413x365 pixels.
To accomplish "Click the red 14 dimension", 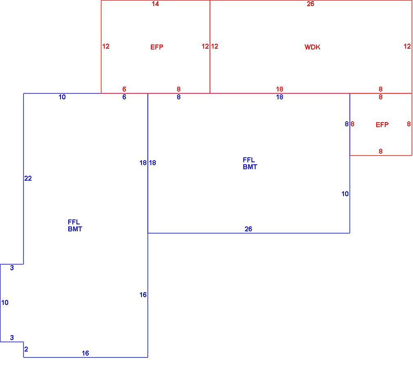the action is point(155,4).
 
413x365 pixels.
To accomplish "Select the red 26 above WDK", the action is point(310,4).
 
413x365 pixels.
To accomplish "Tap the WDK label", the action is point(312,47).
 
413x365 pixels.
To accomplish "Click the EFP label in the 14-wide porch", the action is point(157,47).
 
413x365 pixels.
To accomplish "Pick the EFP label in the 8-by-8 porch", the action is point(382,125).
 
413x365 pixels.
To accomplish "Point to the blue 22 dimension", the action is point(28,178).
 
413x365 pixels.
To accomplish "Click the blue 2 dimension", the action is point(26,349).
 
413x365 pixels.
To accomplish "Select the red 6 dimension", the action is point(124,89).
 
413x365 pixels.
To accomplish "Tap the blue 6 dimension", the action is point(124,97).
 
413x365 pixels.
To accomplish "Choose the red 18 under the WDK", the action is point(279,89).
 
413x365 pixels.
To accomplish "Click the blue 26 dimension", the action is point(248,229).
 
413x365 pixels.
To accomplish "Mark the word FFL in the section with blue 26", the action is point(249,160).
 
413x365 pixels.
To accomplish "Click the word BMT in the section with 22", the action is point(75,229).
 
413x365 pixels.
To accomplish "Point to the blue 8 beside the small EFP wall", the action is point(347,124).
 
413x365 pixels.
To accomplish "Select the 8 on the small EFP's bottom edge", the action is point(381,151).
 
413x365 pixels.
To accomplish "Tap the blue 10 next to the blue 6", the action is point(62,97).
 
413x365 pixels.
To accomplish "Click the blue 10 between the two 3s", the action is point(5,302).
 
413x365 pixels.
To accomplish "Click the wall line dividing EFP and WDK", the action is point(210,47).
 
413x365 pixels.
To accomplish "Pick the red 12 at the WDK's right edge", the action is point(407,46).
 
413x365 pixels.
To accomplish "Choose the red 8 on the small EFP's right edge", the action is point(409,124).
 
